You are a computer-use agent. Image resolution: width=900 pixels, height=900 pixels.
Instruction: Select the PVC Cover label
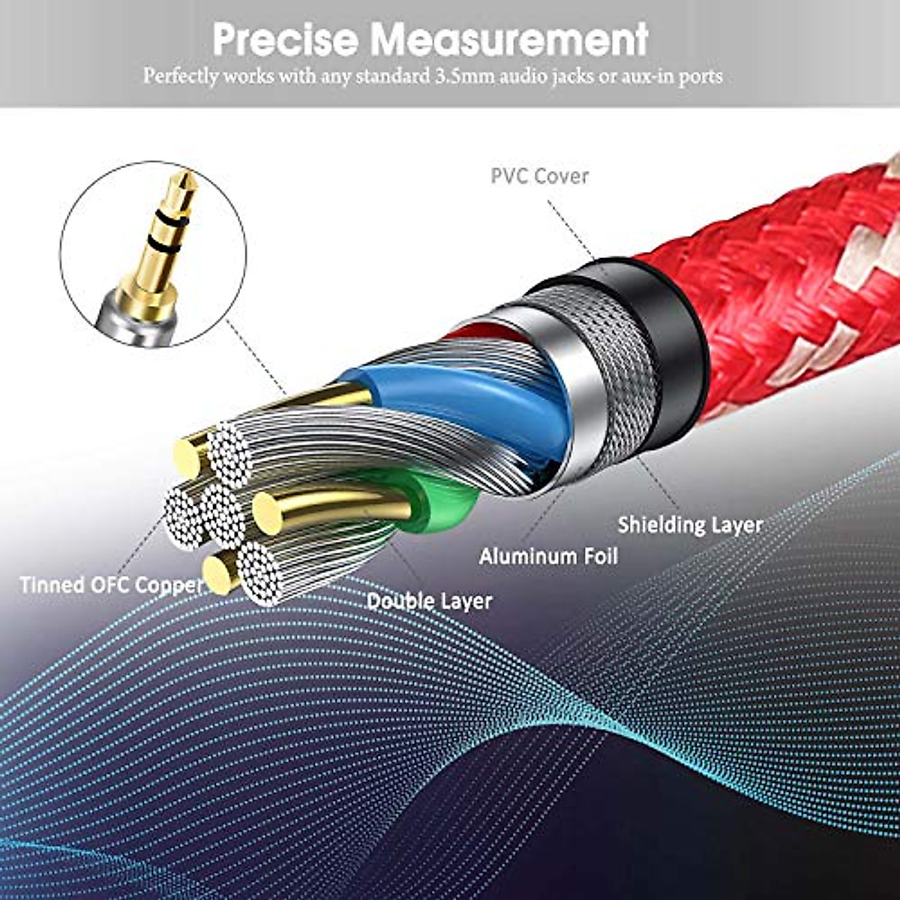pyautogui.click(x=539, y=176)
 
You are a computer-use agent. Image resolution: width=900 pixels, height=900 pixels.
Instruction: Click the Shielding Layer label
pyautogui.click(x=689, y=525)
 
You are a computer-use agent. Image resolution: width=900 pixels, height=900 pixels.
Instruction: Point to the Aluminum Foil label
pyautogui.click(x=548, y=556)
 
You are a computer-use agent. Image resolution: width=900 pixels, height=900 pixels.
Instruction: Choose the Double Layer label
pyautogui.click(x=429, y=601)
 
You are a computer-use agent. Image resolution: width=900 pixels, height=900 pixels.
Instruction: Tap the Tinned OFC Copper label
pyautogui.click(x=111, y=585)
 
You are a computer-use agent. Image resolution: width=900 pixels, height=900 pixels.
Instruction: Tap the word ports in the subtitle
pyautogui.click(x=700, y=76)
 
